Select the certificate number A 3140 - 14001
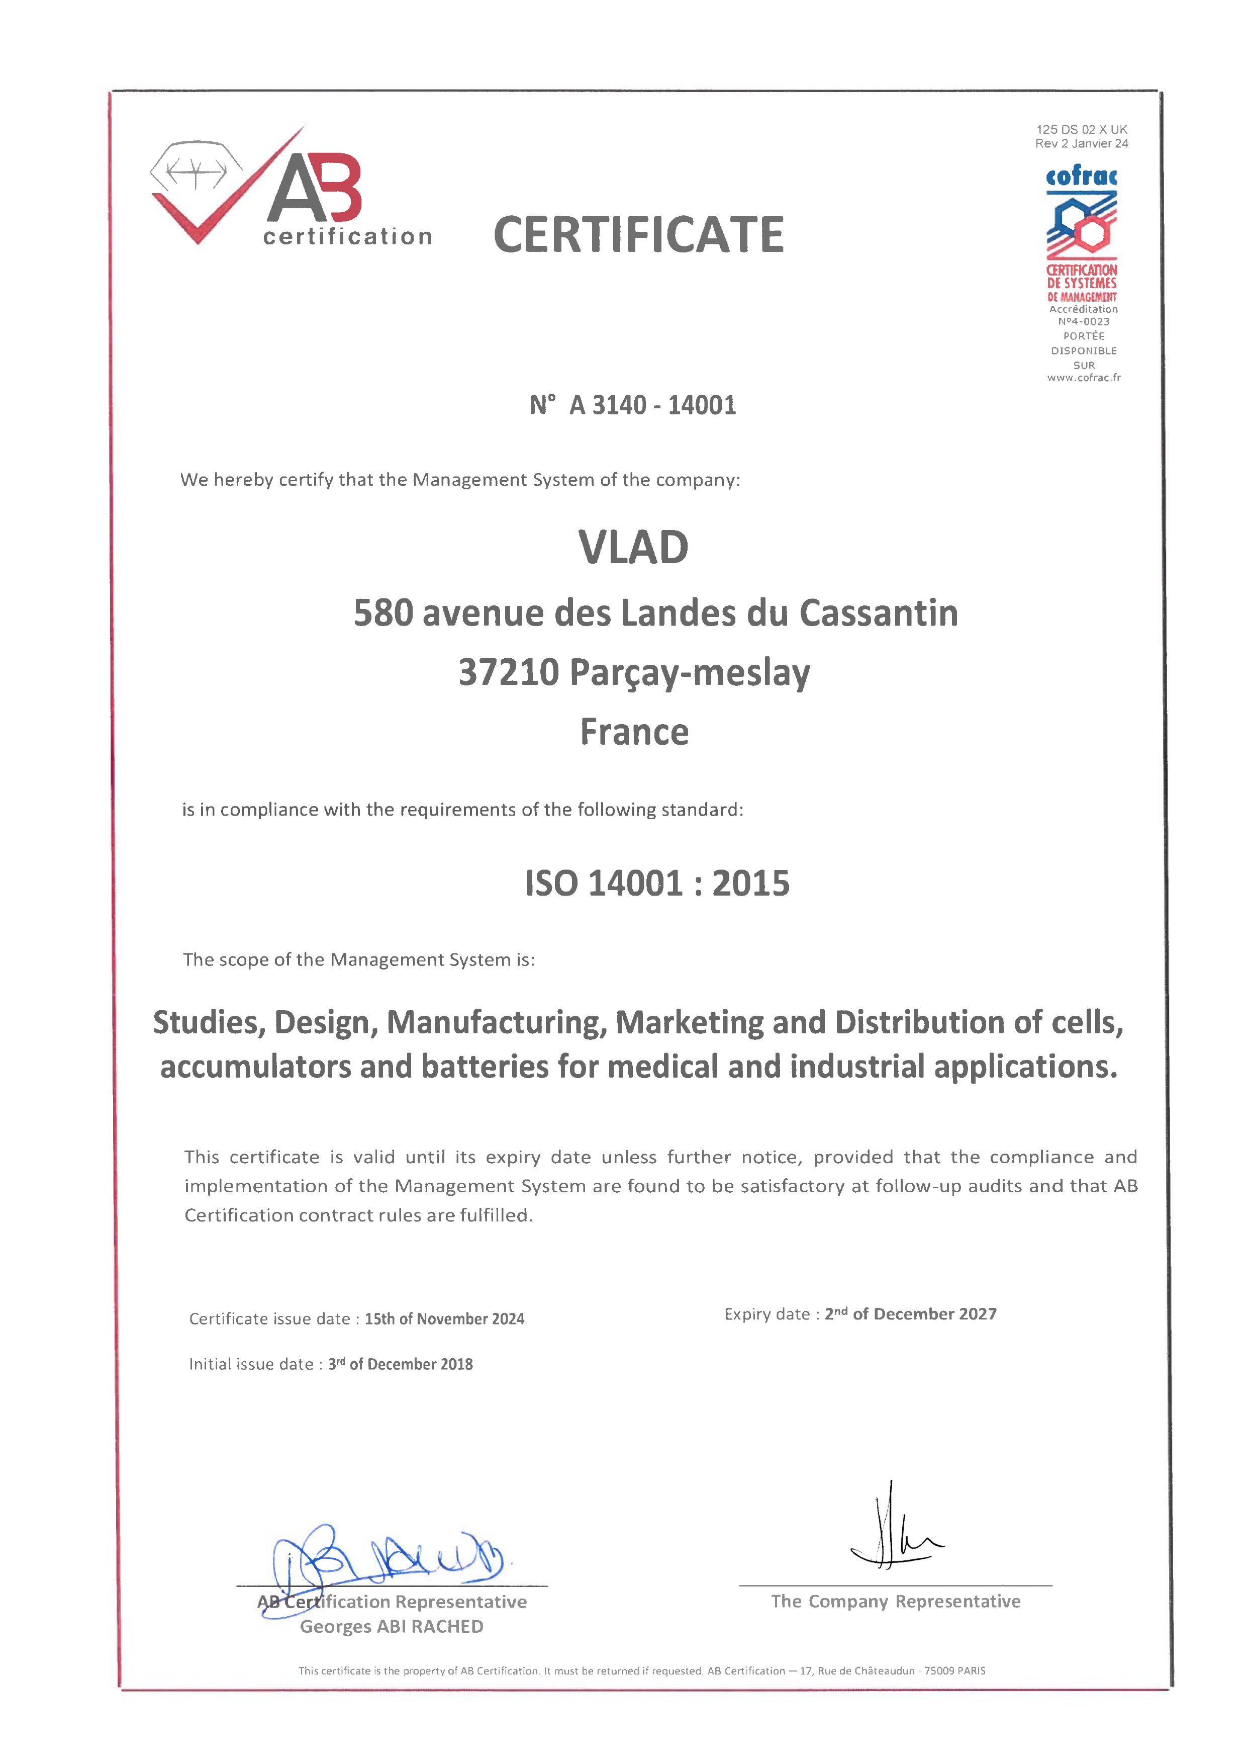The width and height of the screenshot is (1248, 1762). point(652,405)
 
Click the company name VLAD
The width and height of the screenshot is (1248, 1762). point(633,548)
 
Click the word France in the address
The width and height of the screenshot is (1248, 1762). point(634,732)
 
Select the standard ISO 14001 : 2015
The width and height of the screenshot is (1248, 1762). point(657,884)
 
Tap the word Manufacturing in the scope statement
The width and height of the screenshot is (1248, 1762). point(496,1022)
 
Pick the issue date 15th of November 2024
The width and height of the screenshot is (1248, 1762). point(444,1319)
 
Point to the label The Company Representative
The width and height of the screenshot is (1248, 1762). point(895,1601)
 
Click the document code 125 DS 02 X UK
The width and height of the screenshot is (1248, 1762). point(1081,129)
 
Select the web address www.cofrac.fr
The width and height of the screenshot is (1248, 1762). point(1084,378)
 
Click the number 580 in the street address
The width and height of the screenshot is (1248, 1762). point(382,613)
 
